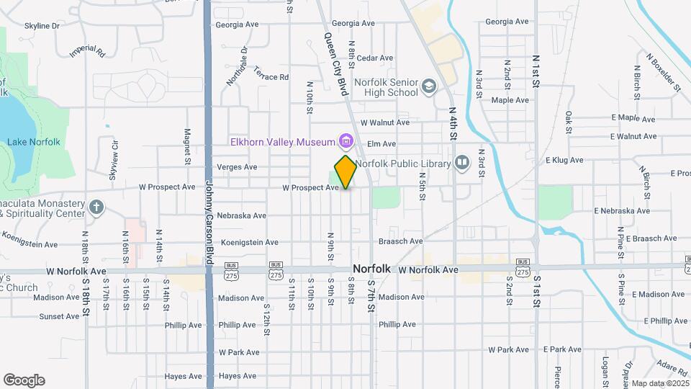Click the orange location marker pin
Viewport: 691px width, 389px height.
345,171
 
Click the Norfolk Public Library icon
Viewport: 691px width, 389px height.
461,164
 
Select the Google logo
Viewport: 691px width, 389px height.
24,380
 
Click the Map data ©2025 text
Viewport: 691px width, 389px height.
660,383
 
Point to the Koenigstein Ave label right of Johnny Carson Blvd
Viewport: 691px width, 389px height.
248,242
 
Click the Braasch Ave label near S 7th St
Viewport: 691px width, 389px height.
401,241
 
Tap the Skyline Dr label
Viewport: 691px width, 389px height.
42,26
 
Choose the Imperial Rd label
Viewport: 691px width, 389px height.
87,52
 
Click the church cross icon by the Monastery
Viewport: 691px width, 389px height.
96,208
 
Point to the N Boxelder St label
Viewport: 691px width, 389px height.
662,71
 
